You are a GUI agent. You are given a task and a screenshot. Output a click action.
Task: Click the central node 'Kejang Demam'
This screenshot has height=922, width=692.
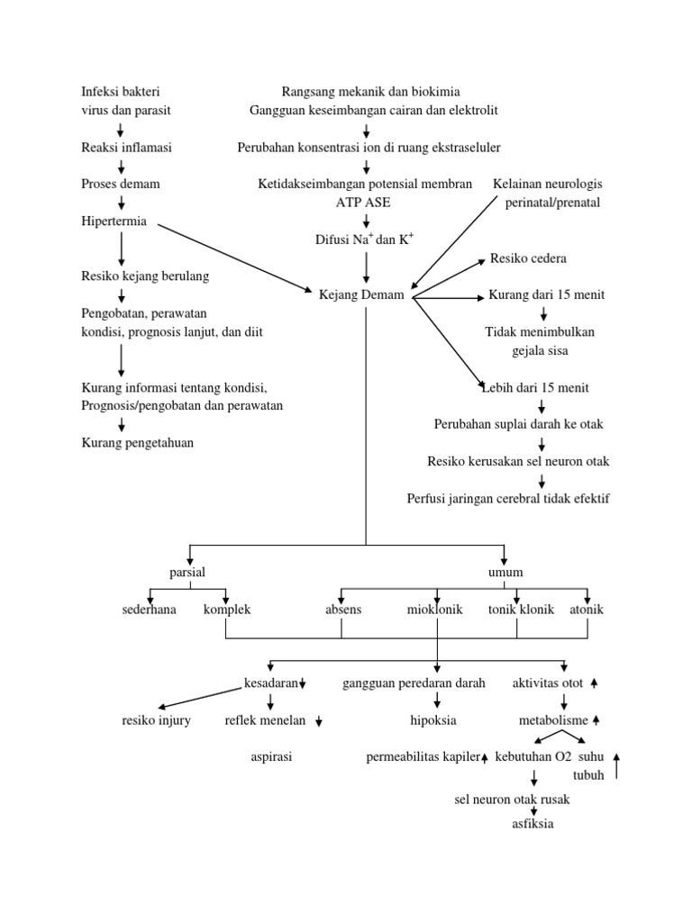click(x=361, y=295)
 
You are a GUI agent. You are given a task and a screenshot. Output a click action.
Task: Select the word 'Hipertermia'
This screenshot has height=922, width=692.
click(x=114, y=221)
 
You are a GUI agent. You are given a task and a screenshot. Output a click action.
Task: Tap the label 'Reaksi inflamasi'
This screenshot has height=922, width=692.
click(x=126, y=147)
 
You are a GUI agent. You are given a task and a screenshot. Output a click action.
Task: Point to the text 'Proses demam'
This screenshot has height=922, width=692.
click(x=120, y=184)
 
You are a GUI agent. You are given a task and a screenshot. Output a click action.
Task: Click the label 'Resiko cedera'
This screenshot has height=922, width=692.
click(x=528, y=258)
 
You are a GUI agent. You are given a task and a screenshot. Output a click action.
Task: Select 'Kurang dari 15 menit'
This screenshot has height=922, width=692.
click(x=546, y=295)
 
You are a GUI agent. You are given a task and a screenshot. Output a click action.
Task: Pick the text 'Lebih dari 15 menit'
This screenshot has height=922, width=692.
click(x=535, y=387)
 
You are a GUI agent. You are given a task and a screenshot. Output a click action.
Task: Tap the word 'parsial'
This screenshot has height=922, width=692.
click(x=187, y=573)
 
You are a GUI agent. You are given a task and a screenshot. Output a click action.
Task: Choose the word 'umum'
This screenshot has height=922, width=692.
click(x=505, y=573)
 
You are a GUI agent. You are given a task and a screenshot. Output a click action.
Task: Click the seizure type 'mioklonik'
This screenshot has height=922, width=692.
click(x=434, y=610)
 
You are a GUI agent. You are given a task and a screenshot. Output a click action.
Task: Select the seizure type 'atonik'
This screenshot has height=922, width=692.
click(x=587, y=610)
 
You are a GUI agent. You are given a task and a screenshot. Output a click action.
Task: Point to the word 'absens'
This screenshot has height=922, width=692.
click(x=343, y=610)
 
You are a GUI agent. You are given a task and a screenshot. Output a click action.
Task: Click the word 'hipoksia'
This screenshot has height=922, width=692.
click(x=433, y=720)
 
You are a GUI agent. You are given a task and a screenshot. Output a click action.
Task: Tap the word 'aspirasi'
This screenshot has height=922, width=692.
click(x=270, y=757)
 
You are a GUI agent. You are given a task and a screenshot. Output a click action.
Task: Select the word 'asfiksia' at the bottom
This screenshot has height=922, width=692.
click(x=533, y=823)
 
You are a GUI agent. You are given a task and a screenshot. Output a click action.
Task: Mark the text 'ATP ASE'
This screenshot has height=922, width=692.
click(x=364, y=203)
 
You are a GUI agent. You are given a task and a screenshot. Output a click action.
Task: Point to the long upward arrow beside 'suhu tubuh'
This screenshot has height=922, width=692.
click(x=616, y=765)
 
